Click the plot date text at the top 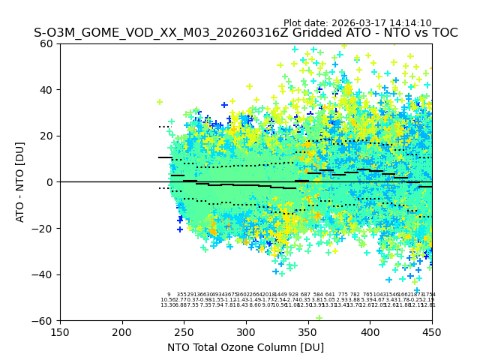click(357, 23)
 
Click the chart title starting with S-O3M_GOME click(245, 34)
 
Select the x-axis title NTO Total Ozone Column click(245, 347)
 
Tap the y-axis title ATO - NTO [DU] click(20, 181)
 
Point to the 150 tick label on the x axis click(60, 331)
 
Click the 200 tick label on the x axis click(122, 331)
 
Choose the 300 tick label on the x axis click(246, 331)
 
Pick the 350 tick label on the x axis click(308, 331)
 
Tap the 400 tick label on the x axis click(370, 331)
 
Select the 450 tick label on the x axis click(432, 331)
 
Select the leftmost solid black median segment click(165, 157)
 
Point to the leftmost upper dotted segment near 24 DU click(165, 127)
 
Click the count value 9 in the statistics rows click(169, 295)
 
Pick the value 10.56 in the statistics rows click(167, 300)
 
